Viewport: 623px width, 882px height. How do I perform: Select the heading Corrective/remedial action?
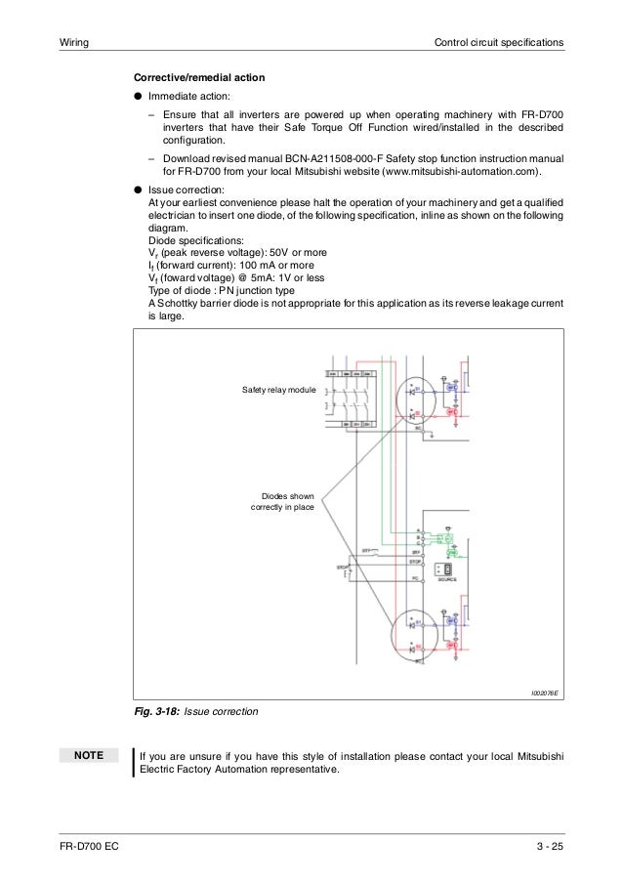(198, 77)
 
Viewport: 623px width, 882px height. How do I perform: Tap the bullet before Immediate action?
(139, 98)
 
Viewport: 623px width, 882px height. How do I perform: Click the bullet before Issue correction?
(139, 189)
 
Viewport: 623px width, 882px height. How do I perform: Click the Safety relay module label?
(279, 390)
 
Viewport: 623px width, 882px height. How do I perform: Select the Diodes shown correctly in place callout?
(281, 502)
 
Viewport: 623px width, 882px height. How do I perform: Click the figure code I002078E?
(544, 692)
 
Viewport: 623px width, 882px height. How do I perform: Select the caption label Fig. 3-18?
(156, 712)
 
